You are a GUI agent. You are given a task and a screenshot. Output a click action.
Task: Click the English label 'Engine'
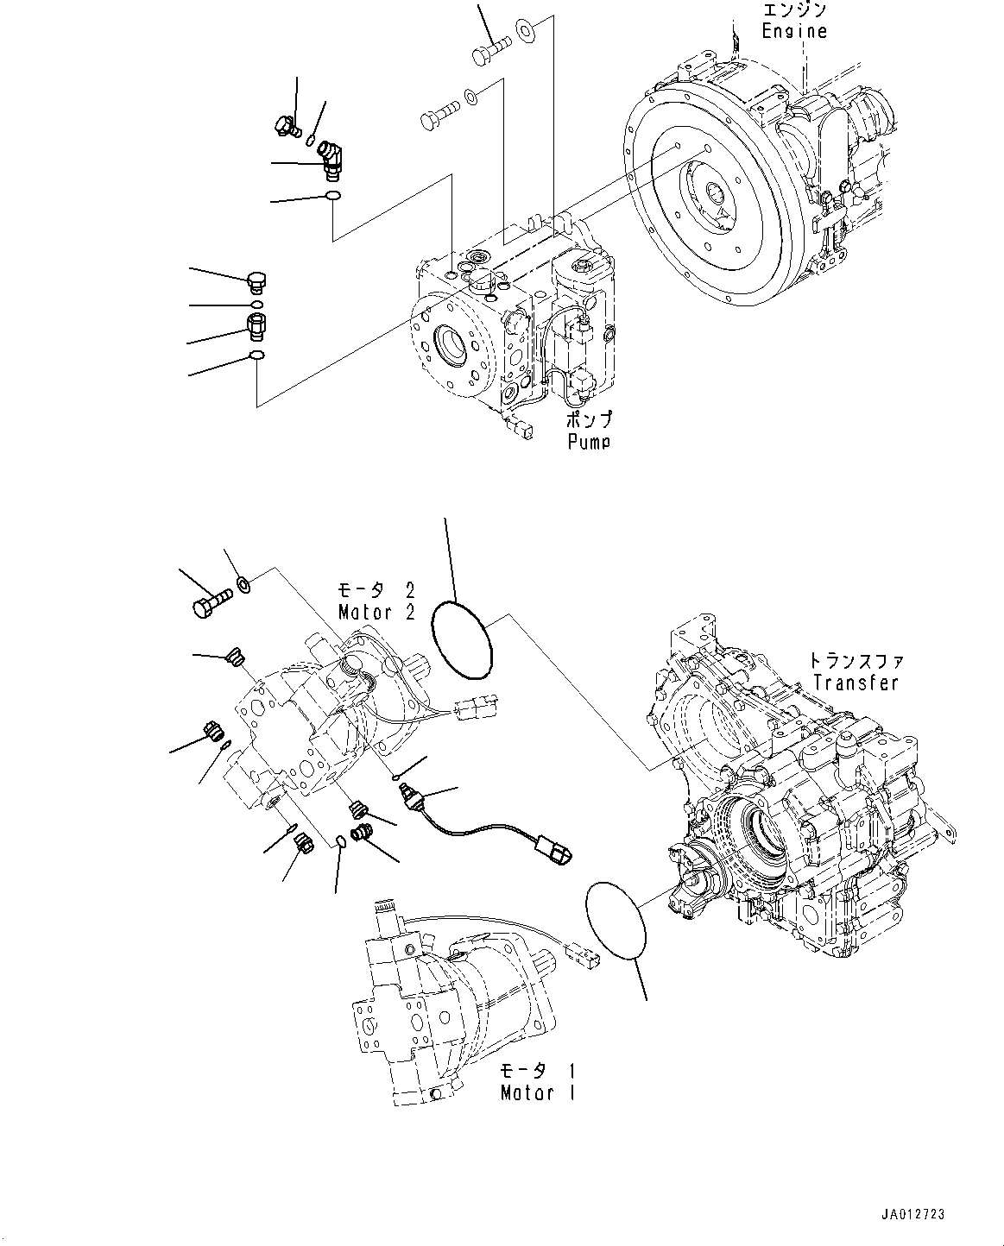(793, 31)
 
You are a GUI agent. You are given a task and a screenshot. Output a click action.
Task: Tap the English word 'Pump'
(589, 442)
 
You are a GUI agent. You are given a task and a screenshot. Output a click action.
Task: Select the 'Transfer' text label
(856, 683)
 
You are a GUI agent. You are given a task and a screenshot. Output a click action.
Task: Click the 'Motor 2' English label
(376, 613)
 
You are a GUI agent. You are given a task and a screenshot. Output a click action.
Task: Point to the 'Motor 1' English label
(539, 1093)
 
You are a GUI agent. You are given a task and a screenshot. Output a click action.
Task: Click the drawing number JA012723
(913, 1214)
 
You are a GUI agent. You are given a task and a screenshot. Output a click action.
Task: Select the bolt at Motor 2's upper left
(210, 601)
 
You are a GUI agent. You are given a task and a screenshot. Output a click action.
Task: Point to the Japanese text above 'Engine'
(793, 10)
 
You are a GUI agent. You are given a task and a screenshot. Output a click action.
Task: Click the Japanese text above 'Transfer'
(856, 662)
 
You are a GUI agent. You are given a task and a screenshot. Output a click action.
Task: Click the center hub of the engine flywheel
(716, 196)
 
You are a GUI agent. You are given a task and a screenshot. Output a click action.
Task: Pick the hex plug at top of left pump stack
(257, 281)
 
